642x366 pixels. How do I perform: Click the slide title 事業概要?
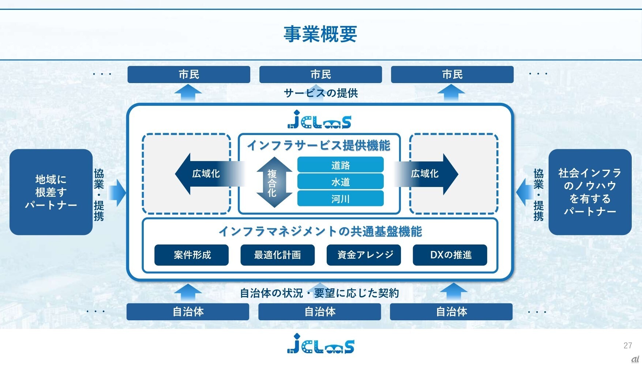[x=320, y=34]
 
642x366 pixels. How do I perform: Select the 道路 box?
[x=340, y=165]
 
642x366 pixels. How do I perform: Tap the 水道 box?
[x=340, y=182]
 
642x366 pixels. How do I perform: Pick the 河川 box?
[x=340, y=198]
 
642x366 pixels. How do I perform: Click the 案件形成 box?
[x=191, y=255]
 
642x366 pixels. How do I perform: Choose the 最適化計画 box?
[x=277, y=255]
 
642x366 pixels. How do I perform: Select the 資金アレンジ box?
[x=364, y=255]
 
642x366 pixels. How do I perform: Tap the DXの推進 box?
[x=450, y=255]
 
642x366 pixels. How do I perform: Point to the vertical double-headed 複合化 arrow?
[x=274, y=182]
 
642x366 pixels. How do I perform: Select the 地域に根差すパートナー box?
[x=51, y=192]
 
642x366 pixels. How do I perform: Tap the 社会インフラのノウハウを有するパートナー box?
[x=590, y=192]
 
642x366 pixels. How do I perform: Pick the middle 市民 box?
[x=320, y=74]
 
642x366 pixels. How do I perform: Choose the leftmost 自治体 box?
[x=188, y=312]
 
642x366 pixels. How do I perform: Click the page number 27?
[x=628, y=345]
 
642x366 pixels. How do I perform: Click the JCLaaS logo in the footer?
[x=320, y=344]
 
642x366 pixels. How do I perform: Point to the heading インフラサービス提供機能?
[x=319, y=145]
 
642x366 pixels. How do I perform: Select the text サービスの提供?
[x=321, y=93]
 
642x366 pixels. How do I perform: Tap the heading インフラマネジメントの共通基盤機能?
[x=320, y=231]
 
